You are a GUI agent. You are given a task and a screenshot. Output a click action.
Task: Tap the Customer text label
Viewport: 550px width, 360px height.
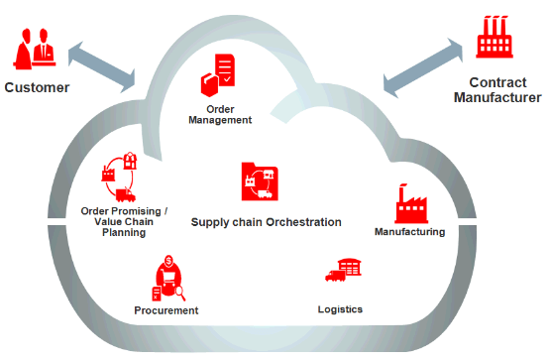[x=37, y=87]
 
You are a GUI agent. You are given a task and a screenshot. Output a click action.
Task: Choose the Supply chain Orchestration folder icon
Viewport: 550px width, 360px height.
[x=260, y=181]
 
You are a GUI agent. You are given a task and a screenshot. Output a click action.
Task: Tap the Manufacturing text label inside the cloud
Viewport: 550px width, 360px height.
[x=409, y=232]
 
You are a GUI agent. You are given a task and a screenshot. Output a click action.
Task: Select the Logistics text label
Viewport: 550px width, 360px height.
[x=340, y=308]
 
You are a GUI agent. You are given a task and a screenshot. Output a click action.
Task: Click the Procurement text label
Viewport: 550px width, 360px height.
[x=165, y=310]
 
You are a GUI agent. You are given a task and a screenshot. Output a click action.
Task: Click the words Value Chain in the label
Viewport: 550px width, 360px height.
[x=124, y=222]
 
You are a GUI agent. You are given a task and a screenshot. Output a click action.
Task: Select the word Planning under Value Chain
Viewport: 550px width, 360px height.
[x=124, y=233]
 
